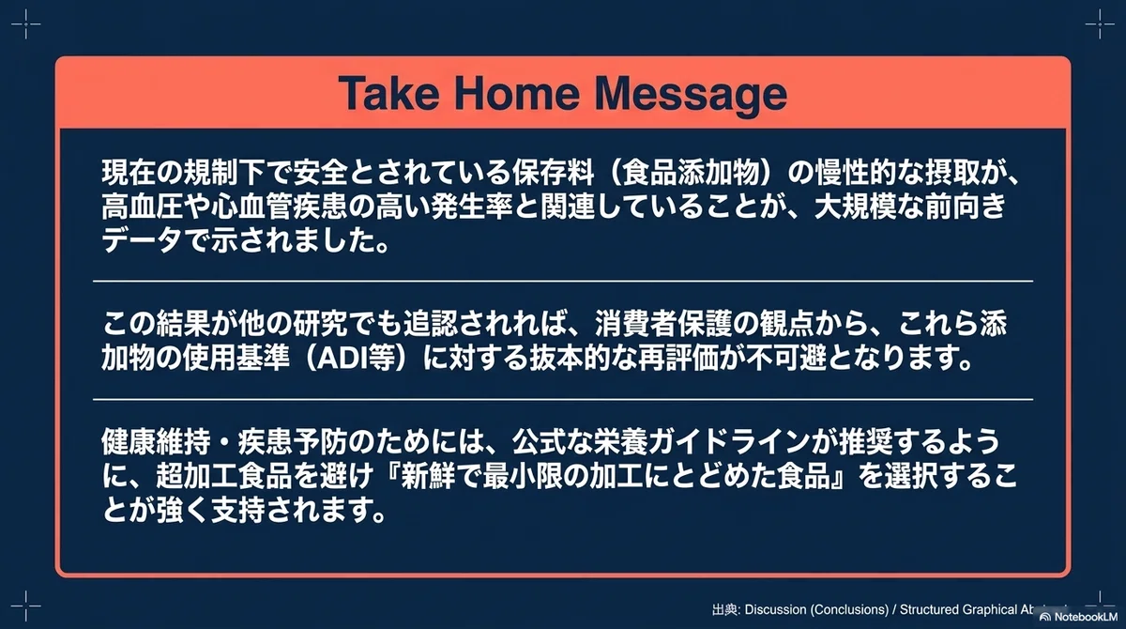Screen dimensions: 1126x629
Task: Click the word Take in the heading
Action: point(389,94)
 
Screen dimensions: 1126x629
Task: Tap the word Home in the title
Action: point(517,94)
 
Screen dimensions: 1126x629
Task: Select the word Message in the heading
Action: point(692,96)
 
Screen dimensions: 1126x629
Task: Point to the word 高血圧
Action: point(143,207)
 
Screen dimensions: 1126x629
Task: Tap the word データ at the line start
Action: point(143,241)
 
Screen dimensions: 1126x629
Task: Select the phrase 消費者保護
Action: point(663,323)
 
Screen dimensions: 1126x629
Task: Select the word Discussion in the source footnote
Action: point(776,610)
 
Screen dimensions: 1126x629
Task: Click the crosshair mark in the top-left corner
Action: point(25,23)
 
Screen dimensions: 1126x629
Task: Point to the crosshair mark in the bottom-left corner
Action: point(25,606)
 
